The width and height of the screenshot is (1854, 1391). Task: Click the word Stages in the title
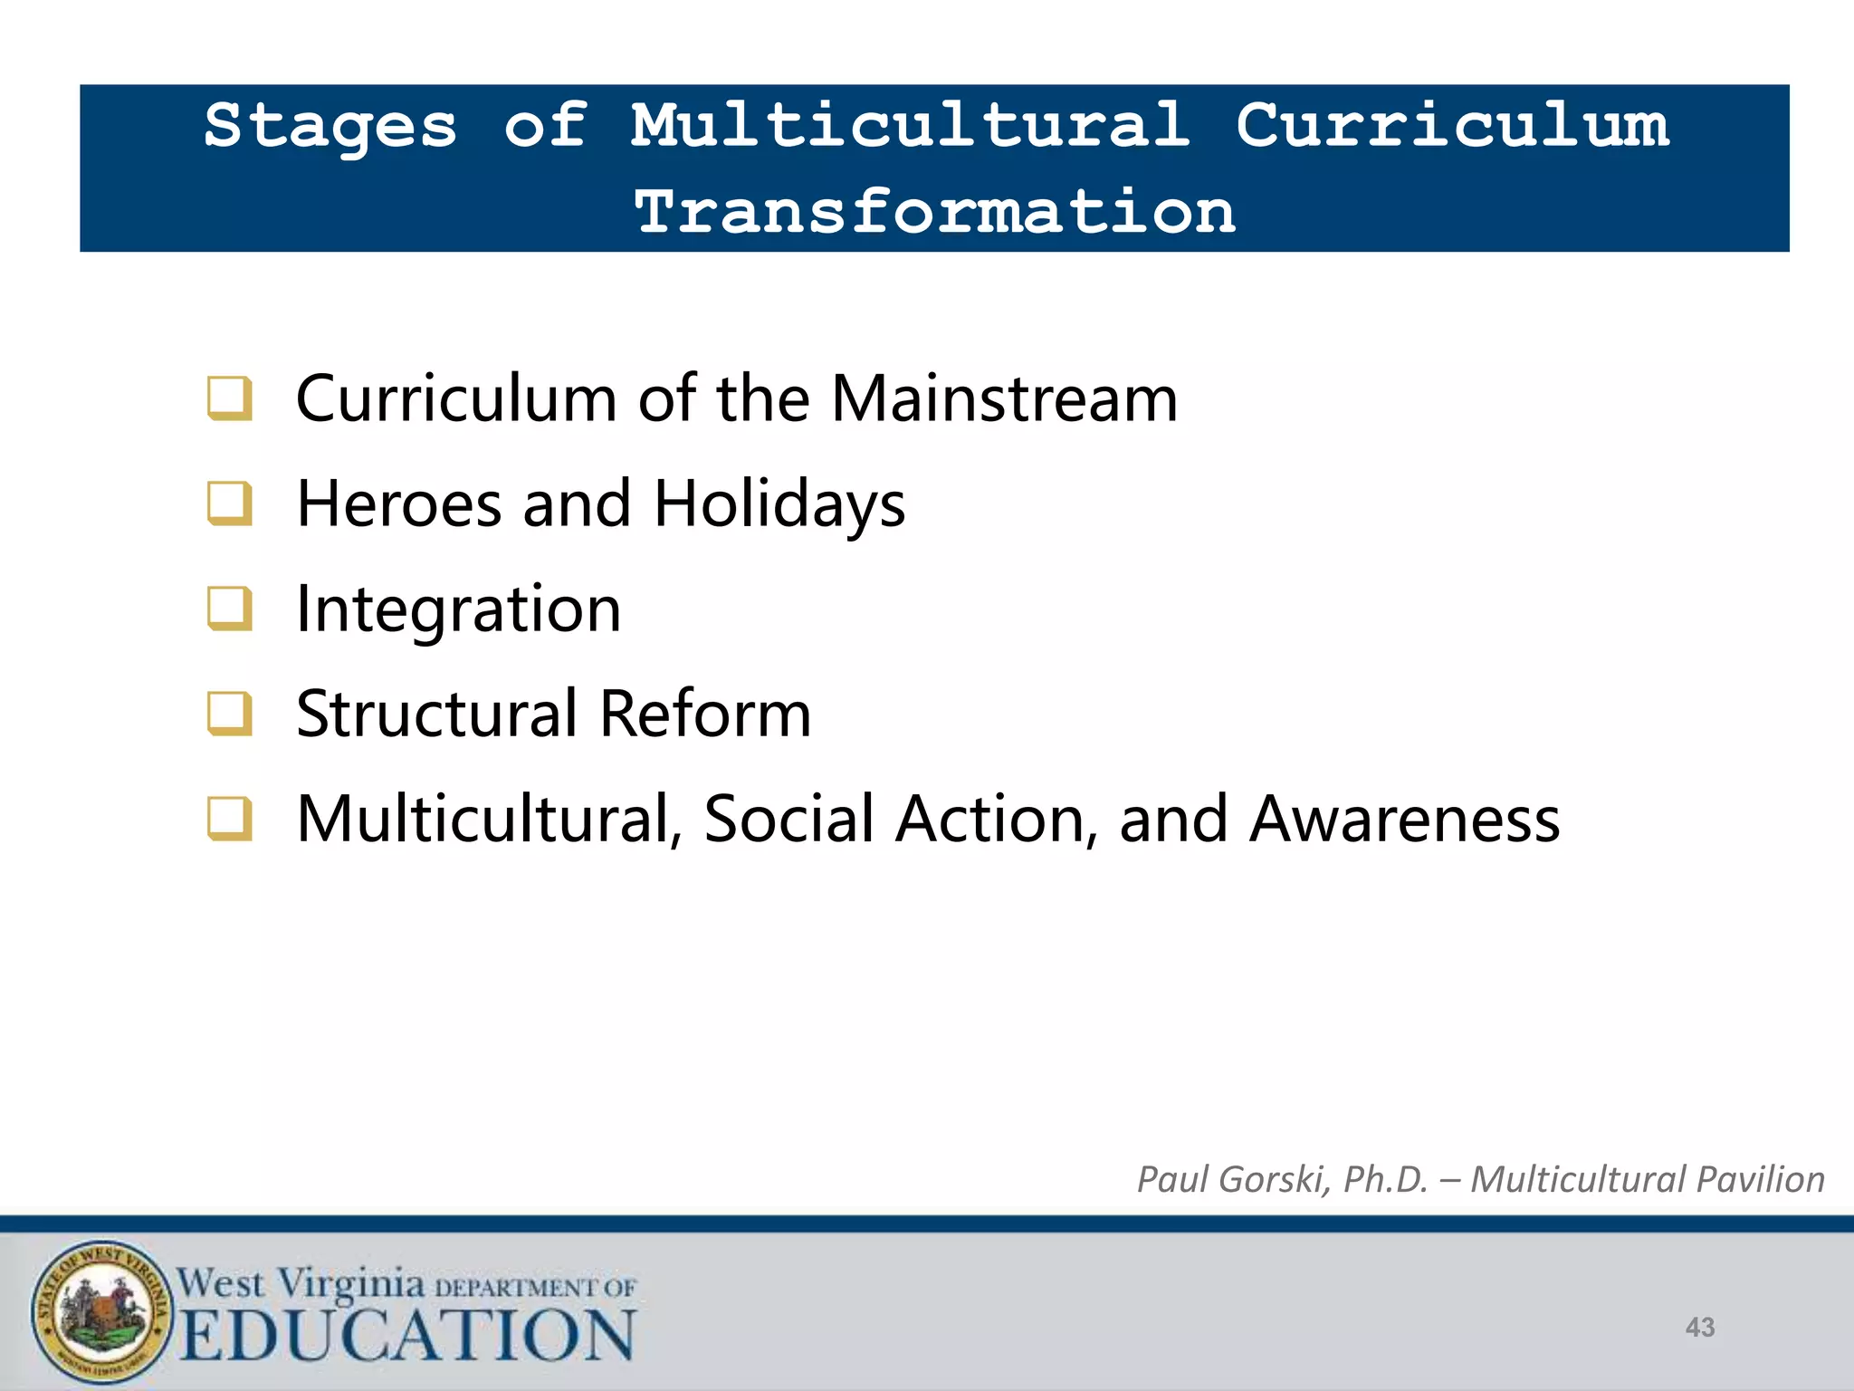pos(330,127)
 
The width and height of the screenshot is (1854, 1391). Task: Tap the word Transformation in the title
pos(935,212)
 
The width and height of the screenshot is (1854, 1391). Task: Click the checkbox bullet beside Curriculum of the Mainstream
pos(229,398)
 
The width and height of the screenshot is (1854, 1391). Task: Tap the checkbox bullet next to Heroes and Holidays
pos(229,504)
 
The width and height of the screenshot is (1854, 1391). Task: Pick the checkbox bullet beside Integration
pos(229,609)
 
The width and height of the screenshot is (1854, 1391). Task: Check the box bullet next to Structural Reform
pos(229,714)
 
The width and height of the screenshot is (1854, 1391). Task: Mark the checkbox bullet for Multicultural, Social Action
pos(229,819)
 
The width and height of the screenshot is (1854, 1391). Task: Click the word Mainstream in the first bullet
pos(1004,398)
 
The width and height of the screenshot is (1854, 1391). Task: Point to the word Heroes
pos(399,504)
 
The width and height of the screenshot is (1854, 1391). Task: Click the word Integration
pos(459,609)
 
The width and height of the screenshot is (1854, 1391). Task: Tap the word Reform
pos(705,714)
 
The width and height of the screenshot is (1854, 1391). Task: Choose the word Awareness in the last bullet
pos(1404,819)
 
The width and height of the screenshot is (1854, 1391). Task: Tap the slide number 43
pos(1700,1328)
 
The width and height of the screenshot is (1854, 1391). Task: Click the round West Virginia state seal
pos(101,1310)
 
